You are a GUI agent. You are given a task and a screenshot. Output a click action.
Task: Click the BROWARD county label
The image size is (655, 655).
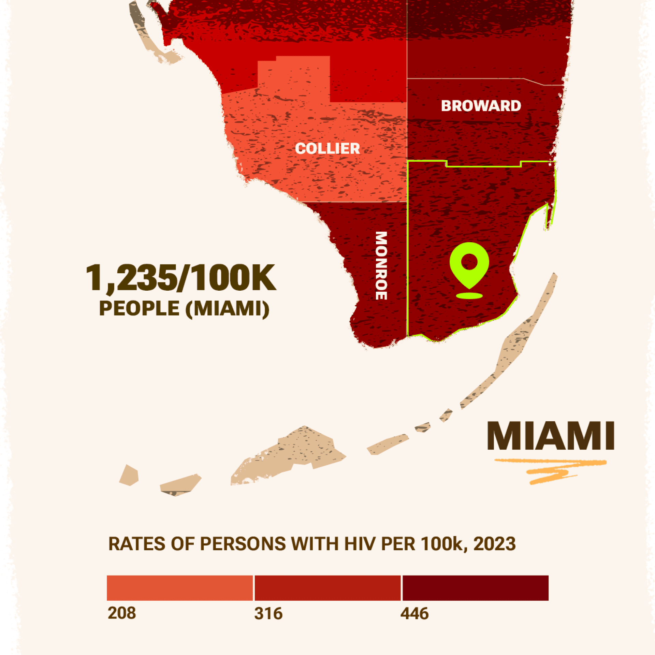coord(481,106)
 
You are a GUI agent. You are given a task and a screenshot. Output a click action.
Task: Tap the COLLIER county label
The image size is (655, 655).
coord(327,148)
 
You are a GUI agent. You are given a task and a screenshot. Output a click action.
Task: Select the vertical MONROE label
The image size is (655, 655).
coord(381,266)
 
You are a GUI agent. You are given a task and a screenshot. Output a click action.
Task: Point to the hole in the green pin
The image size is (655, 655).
coord(469,262)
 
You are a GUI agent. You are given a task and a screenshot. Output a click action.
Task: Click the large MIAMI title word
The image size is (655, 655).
coord(551,436)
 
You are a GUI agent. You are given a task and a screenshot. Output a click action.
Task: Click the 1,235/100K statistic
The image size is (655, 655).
coord(181,278)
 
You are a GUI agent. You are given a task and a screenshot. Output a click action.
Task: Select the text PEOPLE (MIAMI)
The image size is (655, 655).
coord(184,308)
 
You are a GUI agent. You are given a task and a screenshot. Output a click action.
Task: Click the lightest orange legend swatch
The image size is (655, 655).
coord(180,588)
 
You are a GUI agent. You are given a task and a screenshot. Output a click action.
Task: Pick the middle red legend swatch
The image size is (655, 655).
coord(327,588)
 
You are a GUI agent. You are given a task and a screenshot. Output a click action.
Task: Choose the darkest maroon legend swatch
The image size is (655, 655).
coord(476,588)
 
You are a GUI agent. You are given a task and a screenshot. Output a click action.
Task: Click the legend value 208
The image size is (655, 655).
coord(122,613)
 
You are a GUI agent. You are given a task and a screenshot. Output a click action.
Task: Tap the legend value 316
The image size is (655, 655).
coord(268,613)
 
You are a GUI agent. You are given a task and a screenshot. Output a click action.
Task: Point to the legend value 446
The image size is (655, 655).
coord(414,613)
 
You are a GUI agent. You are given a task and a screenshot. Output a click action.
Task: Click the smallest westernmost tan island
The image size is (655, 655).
coord(129,475)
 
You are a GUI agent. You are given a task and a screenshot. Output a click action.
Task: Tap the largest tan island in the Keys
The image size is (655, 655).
coord(293,454)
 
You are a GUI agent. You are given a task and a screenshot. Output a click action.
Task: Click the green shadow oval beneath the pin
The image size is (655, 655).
coord(469,296)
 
